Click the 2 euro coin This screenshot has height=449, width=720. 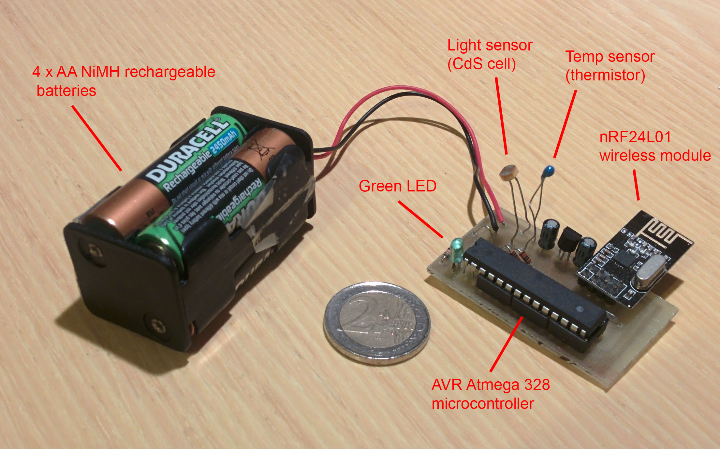click(377, 322)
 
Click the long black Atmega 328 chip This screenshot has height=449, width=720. click(535, 287)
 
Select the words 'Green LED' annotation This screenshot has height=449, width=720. click(397, 186)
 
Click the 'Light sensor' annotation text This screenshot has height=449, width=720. click(490, 45)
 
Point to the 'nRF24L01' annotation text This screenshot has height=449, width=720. click(635, 137)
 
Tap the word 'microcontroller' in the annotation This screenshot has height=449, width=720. click(483, 404)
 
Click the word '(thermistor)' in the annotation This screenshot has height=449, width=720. click(605, 75)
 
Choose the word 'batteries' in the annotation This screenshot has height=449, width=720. click(66, 91)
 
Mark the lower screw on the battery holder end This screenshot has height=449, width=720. click(158, 325)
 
